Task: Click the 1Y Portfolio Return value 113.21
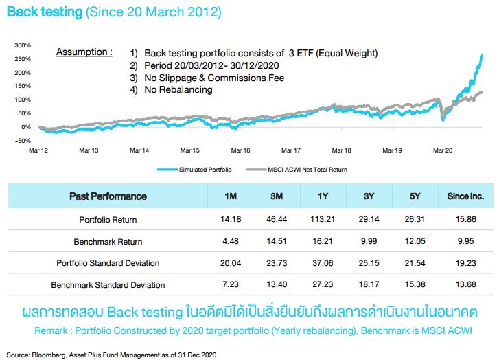tap(323, 220)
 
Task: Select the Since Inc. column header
tap(465, 196)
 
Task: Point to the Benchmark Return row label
tap(108, 242)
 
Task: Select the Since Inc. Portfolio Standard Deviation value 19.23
tap(465, 263)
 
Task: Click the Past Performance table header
tap(108, 196)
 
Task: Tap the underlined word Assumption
tap(84, 52)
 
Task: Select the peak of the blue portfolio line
tap(482, 56)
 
